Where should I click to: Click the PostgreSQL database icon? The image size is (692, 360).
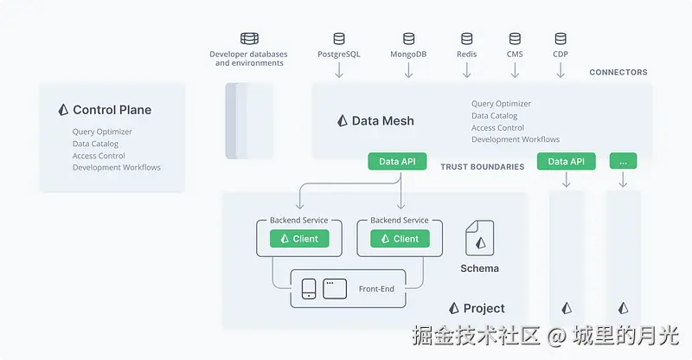pos(339,39)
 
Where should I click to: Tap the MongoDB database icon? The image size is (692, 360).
pos(409,39)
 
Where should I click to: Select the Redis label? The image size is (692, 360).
pos(467,54)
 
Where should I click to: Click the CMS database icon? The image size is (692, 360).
pos(515,39)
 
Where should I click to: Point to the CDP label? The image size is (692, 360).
pos(561,54)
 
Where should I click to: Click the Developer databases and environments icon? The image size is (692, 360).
pos(249,39)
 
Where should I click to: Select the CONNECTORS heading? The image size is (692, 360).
pos(618,73)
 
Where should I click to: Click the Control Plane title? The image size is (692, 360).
pos(112,110)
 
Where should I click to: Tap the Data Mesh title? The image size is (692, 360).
pos(382,121)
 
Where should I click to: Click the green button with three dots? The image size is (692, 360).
pos(623,161)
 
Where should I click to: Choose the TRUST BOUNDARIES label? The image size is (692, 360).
pos(482,166)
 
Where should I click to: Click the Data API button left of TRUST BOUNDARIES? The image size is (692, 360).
pos(398,161)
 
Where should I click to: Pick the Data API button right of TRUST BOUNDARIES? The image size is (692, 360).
pos(567,161)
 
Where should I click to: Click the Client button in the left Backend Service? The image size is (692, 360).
pos(298,239)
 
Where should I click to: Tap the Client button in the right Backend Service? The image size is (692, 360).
pos(400,239)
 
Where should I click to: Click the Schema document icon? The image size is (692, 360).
pos(479,237)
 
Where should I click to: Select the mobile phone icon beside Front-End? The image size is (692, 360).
pos(309,289)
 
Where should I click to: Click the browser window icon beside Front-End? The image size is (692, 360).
pos(335,288)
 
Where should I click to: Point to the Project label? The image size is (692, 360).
pos(484,308)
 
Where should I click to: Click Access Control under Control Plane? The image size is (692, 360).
pos(99,156)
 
